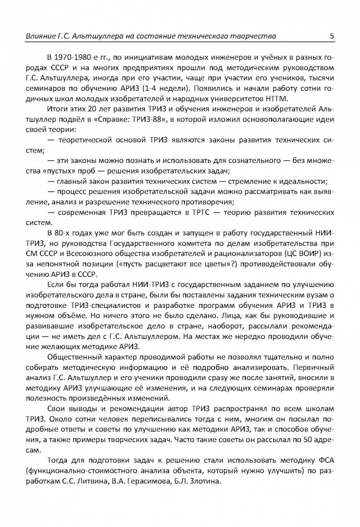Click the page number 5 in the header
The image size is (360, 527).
tap(332, 36)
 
